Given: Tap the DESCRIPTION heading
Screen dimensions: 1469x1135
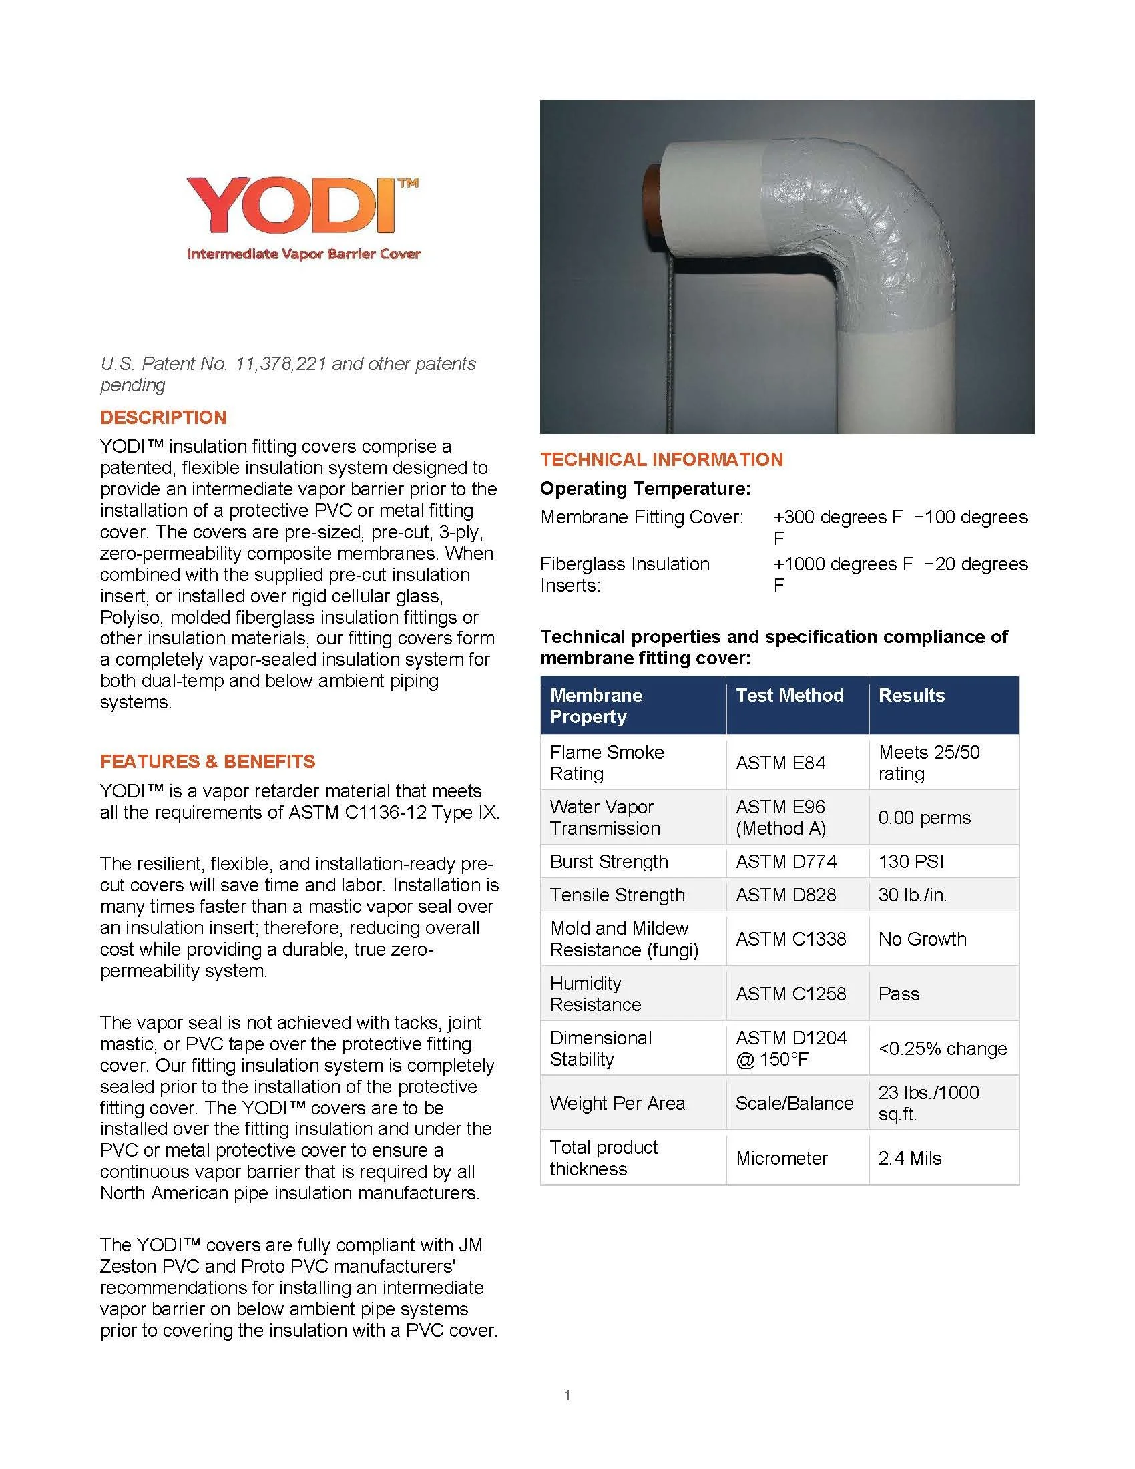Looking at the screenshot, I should [x=164, y=418].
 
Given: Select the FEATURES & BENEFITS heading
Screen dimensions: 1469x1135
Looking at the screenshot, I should [x=207, y=761].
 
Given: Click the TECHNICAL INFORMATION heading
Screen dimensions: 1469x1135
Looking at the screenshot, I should [x=662, y=459].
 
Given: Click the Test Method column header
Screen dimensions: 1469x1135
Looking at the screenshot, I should [x=789, y=696].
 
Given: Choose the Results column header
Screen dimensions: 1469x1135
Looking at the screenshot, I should [x=911, y=696].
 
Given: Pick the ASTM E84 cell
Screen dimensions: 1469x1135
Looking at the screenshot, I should [x=780, y=763].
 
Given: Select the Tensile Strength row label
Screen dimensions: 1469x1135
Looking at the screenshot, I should [x=618, y=895].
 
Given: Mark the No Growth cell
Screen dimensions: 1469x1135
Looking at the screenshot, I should [x=922, y=939].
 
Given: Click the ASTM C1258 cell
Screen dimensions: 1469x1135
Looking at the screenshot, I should [x=790, y=994].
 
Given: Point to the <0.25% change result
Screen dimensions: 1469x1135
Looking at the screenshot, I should [x=943, y=1048].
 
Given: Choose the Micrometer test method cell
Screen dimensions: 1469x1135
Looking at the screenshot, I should [x=781, y=1159].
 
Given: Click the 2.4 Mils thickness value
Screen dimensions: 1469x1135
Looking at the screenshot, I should [x=910, y=1159].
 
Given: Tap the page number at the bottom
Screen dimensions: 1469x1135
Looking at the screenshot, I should [x=567, y=1395].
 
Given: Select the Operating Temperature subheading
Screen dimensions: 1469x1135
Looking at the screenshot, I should [x=645, y=488].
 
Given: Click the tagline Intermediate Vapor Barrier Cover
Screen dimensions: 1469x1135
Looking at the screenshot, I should [x=303, y=254].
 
